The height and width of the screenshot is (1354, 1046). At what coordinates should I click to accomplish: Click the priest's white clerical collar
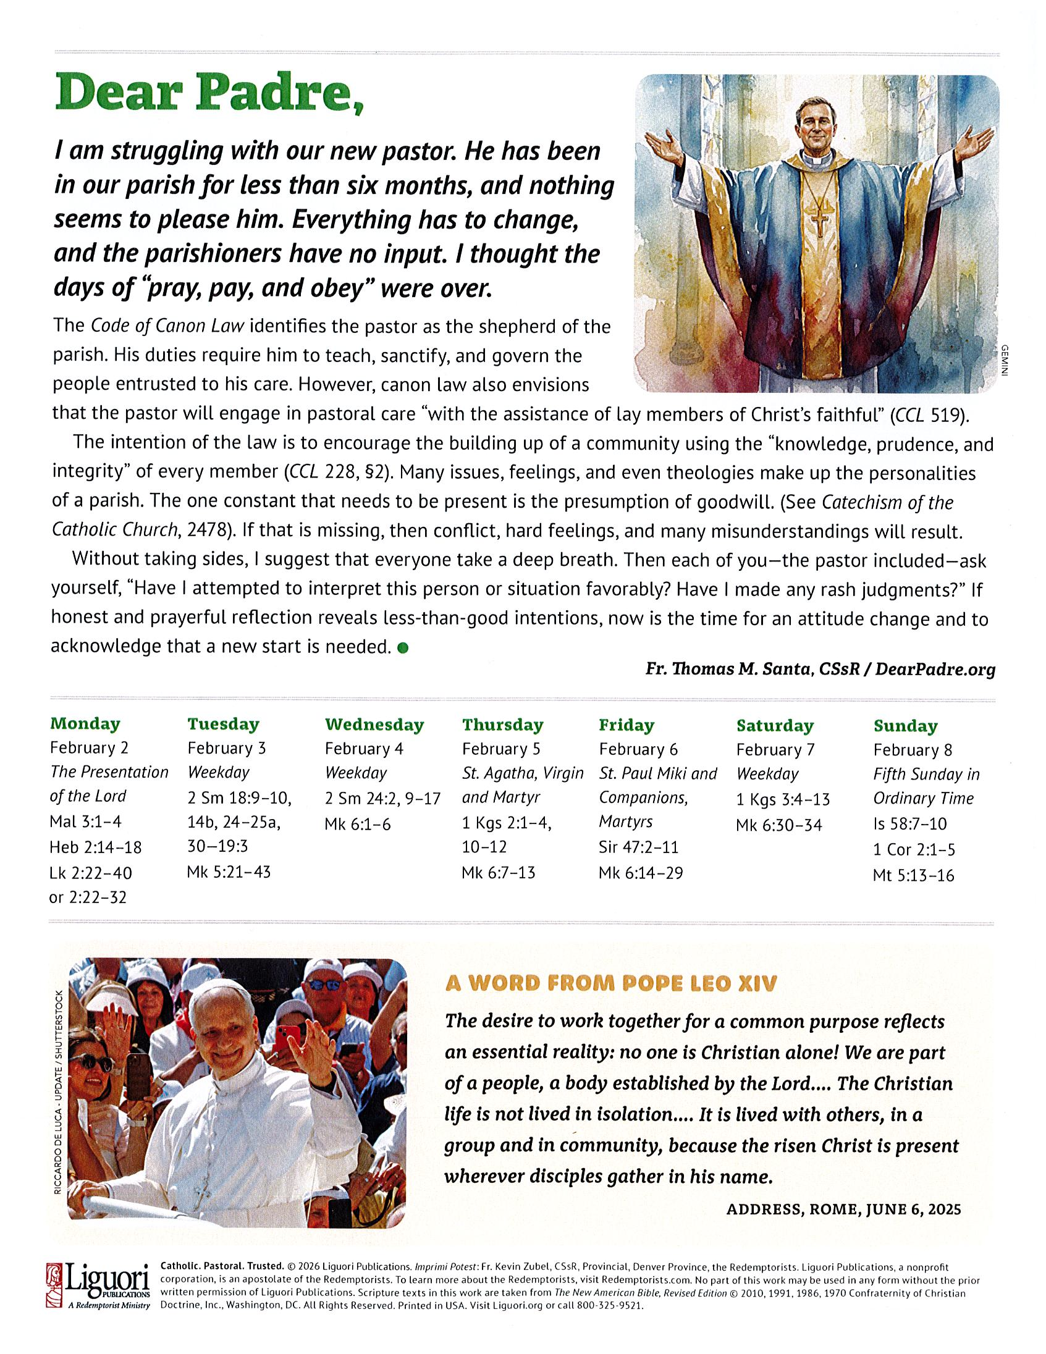point(814,160)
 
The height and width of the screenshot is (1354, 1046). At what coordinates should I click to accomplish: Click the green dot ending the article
point(402,648)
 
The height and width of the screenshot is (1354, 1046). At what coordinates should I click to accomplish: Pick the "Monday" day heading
point(85,723)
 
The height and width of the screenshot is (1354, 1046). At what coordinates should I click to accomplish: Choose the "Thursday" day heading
point(502,724)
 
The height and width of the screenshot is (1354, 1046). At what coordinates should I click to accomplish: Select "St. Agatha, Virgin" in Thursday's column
point(523,773)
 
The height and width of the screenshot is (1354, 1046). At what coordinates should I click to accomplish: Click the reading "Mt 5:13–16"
point(913,875)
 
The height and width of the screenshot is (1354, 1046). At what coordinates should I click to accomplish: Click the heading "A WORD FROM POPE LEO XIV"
point(611,984)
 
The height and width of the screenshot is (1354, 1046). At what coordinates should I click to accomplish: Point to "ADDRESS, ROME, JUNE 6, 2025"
point(843,1208)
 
